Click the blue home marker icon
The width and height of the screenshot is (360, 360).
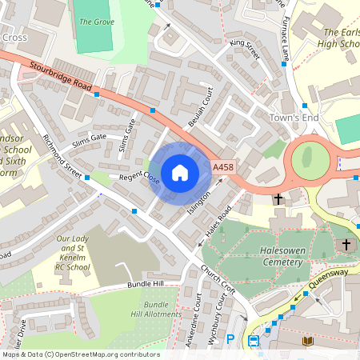(180, 173)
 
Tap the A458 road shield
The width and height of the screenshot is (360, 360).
(222, 167)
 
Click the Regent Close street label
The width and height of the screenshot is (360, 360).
(141, 178)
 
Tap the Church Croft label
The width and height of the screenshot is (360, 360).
(218, 278)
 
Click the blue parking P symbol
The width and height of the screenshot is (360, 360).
(230, 339)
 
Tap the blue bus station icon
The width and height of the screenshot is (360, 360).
(254, 342)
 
